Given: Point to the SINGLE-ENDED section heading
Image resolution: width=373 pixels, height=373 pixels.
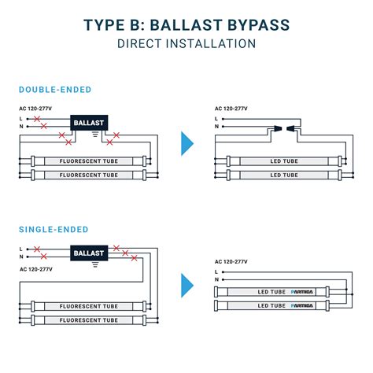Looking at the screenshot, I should pos(53,230).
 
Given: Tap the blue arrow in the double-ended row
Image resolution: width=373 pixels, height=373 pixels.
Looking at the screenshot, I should pos(187,143).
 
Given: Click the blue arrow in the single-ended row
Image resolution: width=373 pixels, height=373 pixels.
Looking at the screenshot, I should pos(187,284).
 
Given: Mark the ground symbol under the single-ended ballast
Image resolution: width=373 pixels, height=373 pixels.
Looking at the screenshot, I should pos(95,266).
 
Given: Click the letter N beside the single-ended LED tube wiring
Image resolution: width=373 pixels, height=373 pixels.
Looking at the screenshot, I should pos(216,278).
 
